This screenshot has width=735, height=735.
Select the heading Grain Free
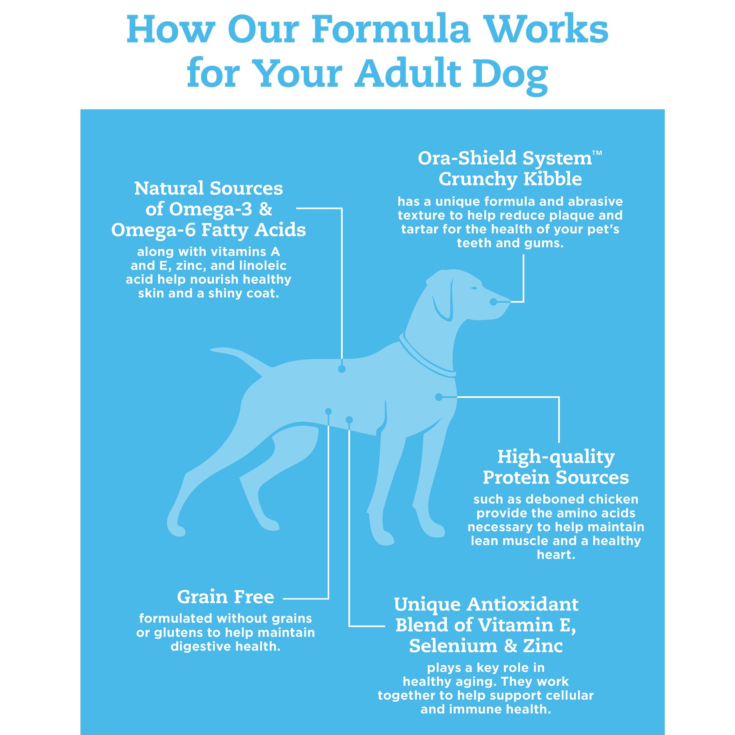(225, 597)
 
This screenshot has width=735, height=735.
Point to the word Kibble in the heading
(553, 179)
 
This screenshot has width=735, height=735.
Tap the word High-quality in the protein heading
(556, 456)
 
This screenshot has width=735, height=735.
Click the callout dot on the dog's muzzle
(493, 302)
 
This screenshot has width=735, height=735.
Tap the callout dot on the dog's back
(342, 369)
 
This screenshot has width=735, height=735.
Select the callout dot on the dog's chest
(439, 397)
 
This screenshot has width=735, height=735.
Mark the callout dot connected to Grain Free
(329, 411)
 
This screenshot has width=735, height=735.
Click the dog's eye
(473, 288)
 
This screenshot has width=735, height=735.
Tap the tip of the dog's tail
(213, 349)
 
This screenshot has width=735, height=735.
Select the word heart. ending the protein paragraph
(555, 555)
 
